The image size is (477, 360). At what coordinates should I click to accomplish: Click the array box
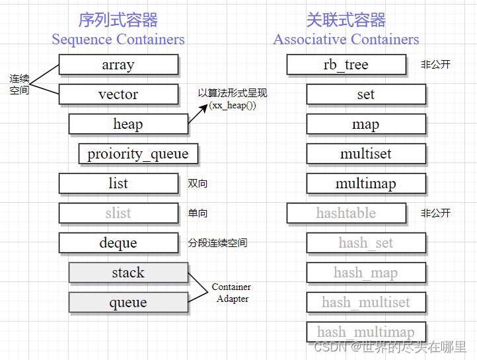(118, 64)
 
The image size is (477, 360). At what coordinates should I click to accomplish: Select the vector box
(118, 94)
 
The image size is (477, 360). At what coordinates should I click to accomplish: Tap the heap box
(128, 124)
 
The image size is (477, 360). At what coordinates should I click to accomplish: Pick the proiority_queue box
(138, 154)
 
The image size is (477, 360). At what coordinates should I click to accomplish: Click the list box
(118, 183)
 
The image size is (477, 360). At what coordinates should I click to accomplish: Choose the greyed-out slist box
(118, 213)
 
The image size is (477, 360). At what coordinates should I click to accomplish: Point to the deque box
(118, 242)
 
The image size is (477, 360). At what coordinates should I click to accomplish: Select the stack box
(128, 272)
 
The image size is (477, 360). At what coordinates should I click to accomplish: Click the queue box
(128, 303)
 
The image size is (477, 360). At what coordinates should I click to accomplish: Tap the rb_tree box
(346, 64)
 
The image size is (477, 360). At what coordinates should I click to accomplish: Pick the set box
(366, 94)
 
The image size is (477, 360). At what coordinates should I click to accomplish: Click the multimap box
(366, 183)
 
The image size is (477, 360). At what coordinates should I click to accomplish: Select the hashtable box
(346, 213)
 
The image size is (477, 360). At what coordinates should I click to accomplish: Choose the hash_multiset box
(366, 303)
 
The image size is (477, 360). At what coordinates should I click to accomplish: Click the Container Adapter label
(231, 293)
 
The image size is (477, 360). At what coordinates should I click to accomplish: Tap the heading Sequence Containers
(118, 39)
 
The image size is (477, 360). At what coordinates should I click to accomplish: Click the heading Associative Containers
(346, 39)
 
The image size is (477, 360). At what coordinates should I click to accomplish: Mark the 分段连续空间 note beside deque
(217, 243)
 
